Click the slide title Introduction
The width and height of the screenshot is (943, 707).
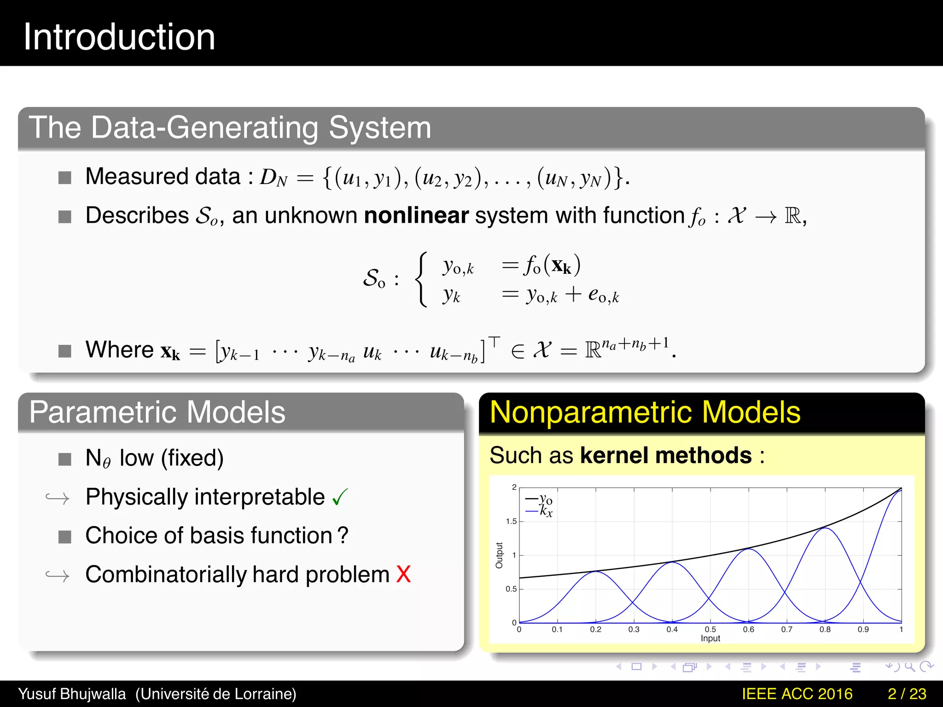(x=119, y=37)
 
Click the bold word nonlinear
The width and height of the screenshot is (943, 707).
(x=416, y=215)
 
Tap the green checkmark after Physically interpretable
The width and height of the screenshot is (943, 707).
(x=340, y=497)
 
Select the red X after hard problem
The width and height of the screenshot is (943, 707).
(x=403, y=574)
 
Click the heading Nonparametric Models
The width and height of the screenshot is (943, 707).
(x=645, y=412)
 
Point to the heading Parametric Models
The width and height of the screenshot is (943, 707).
(x=157, y=412)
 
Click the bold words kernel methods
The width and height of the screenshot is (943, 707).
(x=666, y=455)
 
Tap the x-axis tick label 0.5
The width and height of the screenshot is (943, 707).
(x=710, y=629)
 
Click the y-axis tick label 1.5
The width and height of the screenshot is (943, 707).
(x=511, y=522)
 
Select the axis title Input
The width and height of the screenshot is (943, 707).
(x=710, y=638)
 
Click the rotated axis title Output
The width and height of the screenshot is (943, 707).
(x=499, y=555)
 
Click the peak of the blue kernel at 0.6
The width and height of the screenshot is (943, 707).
(x=749, y=549)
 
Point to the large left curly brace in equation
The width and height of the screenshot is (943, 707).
(x=421, y=279)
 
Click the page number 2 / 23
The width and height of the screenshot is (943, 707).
(x=907, y=694)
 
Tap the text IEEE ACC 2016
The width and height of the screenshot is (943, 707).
(x=797, y=694)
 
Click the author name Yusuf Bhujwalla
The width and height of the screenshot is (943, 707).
(x=72, y=694)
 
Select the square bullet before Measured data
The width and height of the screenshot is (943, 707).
(x=65, y=178)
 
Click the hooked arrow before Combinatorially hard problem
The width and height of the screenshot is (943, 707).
(x=58, y=575)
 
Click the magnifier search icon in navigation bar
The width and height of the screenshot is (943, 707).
(x=909, y=666)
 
